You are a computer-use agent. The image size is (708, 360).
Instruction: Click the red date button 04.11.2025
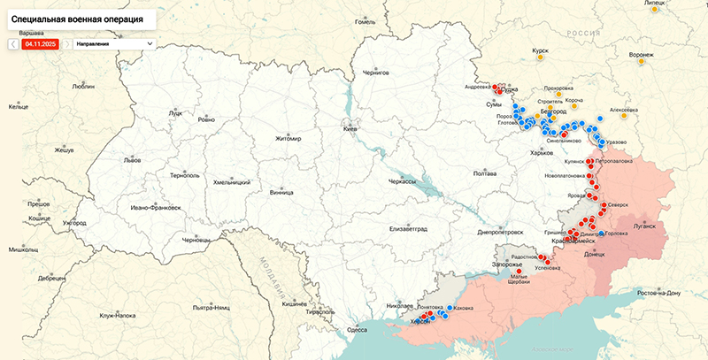[41, 42]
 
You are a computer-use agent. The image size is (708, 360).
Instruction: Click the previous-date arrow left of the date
[14, 42]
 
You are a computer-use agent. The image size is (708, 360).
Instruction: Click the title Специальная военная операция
[74, 18]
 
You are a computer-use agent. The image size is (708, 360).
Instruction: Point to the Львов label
[132, 161]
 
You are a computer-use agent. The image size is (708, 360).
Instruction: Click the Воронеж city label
[641, 55]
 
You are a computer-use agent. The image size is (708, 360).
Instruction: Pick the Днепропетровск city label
[503, 232]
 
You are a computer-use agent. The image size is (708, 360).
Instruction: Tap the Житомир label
[289, 139]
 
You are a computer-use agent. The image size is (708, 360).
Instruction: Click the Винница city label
[281, 192]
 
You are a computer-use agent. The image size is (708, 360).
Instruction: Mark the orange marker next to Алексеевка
[626, 115]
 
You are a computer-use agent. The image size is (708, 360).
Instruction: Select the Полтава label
[484, 173]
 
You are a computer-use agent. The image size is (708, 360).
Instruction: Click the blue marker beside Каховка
[450, 309]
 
